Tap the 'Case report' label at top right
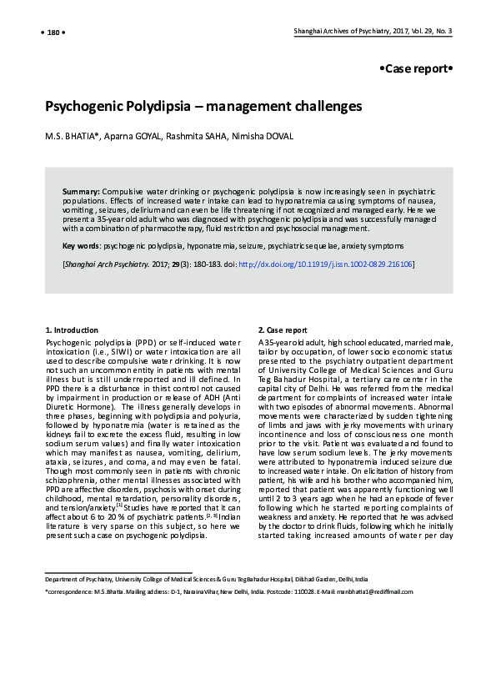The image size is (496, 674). [x=416, y=68]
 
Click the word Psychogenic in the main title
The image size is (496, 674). [x=90, y=107]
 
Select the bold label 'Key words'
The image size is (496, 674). [x=81, y=246]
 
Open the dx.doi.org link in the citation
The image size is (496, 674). [x=325, y=264]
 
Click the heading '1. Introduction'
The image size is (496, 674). [x=72, y=329]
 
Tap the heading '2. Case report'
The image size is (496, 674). [x=283, y=329]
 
